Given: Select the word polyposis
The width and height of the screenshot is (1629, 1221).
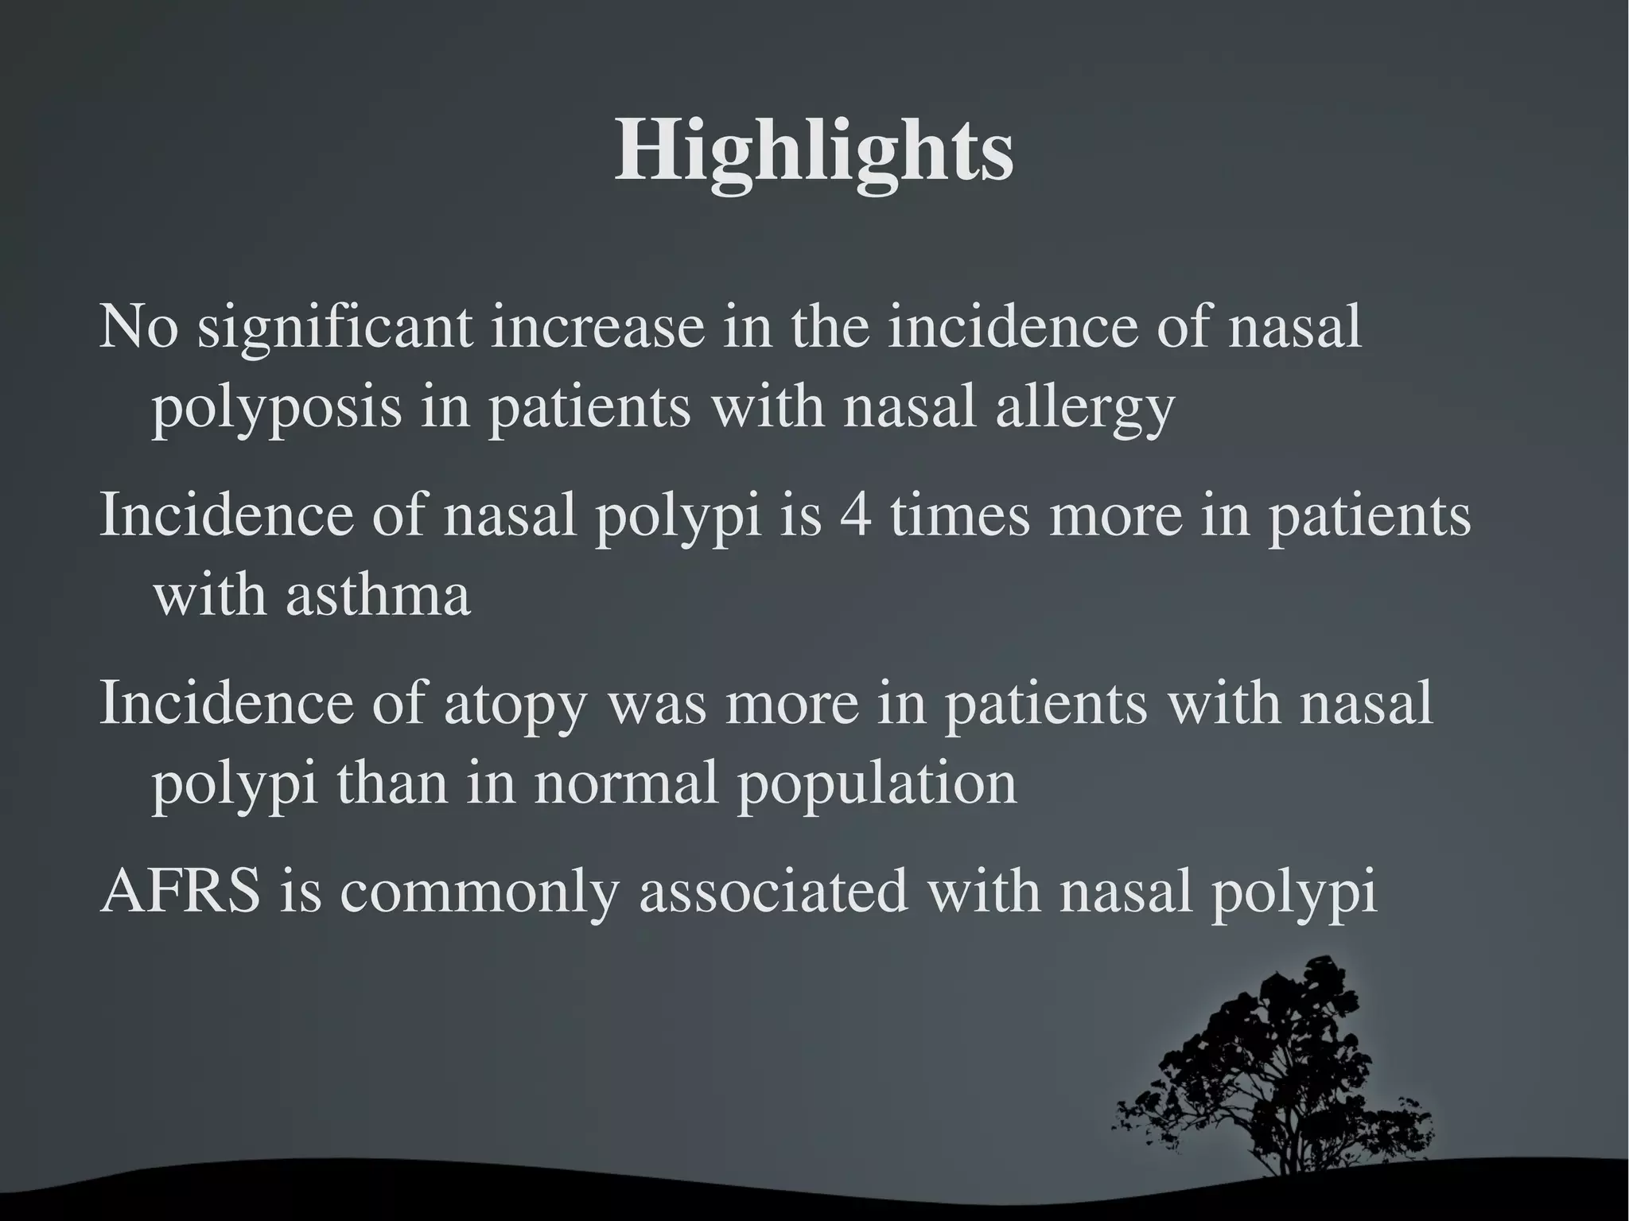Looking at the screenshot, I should [x=276, y=407].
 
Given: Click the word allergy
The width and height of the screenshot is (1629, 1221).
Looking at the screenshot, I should [x=1084, y=407].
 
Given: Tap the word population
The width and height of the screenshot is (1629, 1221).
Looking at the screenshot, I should [x=876, y=783].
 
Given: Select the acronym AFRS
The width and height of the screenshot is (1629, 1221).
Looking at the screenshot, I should [x=181, y=891].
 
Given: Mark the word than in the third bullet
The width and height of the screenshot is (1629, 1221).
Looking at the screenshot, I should [x=391, y=783].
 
